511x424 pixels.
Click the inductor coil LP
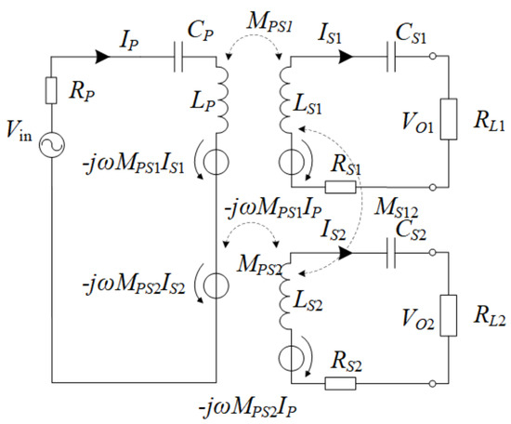(222, 101)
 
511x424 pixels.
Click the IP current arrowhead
(104, 56)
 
